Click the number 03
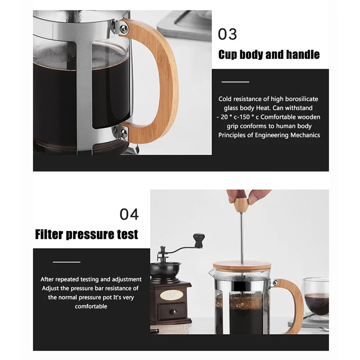pos(227,34)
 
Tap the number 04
pos(129,214)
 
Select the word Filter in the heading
pos(49,234)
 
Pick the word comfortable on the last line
pos(91,306)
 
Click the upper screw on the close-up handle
pos(124,28)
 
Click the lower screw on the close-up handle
pos(123,133)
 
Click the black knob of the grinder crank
pos(199,240)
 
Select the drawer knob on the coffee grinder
pos(173,312)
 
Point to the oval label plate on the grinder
pos(171,295)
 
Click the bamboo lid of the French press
pos(242,266)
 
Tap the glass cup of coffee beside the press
pos(316,298)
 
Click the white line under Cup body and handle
pos(235,82)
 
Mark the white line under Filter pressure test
pos(66,262)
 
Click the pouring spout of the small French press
pos(211,272)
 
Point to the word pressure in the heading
pos(90,234)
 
